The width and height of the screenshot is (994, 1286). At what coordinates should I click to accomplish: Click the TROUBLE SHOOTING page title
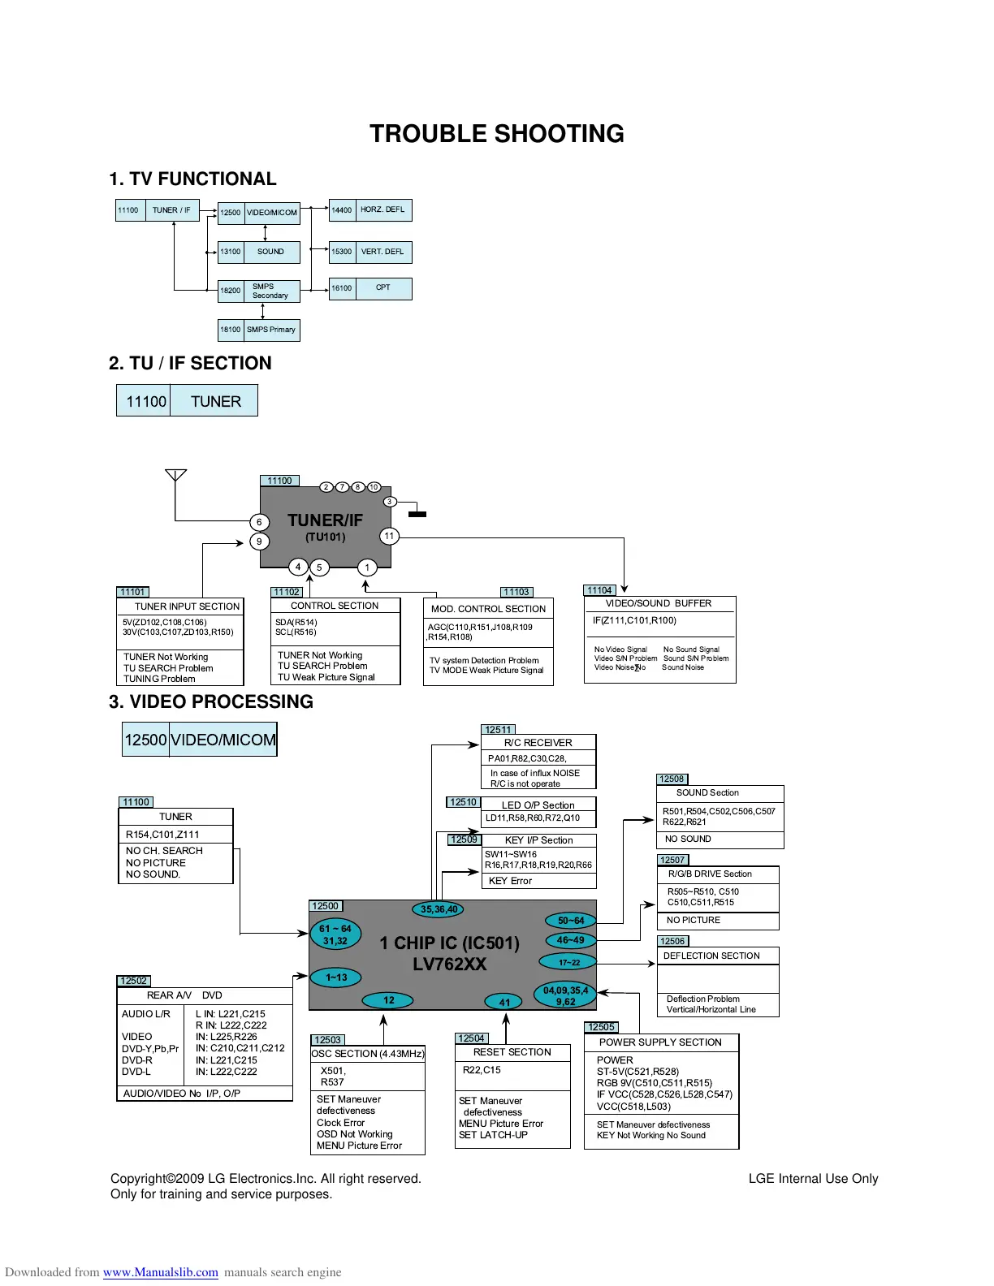(496, 134)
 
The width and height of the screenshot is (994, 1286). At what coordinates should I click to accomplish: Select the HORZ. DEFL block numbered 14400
(370, 210)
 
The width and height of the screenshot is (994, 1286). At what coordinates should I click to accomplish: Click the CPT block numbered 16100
(370, 288)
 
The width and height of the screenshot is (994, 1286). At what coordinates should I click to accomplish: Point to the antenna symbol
(175, 475)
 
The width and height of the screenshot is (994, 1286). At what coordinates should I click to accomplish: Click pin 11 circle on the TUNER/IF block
(389, 536)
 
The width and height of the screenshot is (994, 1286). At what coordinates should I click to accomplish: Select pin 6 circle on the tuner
(259, 522)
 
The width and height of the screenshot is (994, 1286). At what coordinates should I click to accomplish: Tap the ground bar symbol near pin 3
(417, 514)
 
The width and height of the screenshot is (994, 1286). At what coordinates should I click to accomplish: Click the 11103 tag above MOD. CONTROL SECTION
(516, 592)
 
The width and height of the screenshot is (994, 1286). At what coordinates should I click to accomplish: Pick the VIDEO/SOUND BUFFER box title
(659, 603)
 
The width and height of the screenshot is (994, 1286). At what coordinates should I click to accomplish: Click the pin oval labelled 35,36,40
(439, 909)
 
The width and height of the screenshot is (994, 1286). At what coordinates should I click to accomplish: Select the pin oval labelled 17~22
(568, 962)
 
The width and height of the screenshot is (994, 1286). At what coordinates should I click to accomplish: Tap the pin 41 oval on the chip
(504, 1002)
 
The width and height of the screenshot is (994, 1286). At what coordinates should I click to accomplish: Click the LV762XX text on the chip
(449, 964)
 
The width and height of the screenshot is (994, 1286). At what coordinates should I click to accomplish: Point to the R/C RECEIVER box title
(538, 743)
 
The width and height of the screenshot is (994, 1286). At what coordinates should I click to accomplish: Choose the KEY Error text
(510, 881)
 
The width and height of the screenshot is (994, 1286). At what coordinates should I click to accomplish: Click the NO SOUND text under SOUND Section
(688, 839)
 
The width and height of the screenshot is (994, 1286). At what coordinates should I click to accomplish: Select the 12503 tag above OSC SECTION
(328, 1040)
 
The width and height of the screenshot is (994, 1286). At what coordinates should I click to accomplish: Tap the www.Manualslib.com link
(161, 1272)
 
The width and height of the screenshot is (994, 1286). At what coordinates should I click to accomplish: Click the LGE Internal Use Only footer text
(813, 1179)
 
